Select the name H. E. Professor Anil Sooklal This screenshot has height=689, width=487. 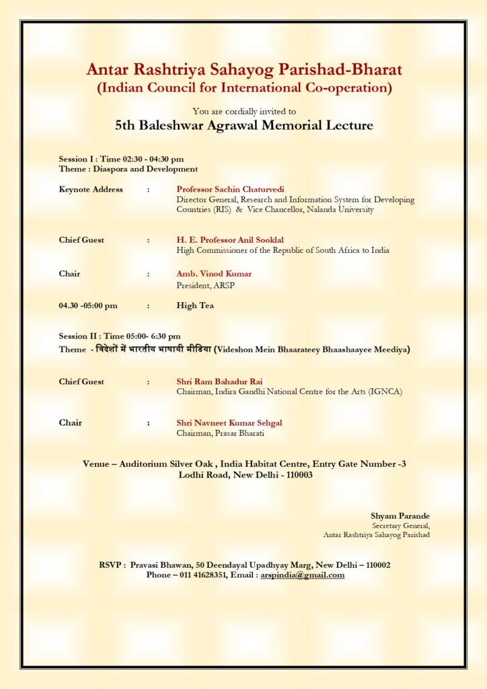(x=229, y=240)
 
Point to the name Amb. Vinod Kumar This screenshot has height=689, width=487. (x=214, y=274)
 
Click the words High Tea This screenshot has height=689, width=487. (x=196, y=305)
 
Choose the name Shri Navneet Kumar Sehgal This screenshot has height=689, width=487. (x=229, y=423)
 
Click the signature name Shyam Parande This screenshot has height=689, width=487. (x=400, y=516)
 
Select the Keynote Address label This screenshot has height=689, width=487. (x=91, y=189)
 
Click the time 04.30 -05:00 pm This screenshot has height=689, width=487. (x=88, y=305)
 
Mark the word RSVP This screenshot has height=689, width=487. (x=110, y=565)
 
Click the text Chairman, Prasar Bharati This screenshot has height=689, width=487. (x=220, y=433)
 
